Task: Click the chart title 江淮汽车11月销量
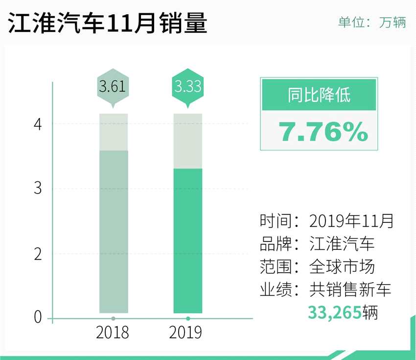point(108,24)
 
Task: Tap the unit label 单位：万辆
point(372,23)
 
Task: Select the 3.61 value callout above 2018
point(113,88)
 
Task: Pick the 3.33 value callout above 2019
point(188,88)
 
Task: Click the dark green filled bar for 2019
point(188,240)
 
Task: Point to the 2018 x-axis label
point(113,333)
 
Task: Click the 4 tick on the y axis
point(38,124)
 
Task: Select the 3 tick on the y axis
point(38,189)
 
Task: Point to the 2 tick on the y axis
point(38,254)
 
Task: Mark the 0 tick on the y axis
point(38,318)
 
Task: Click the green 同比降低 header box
point(319,95)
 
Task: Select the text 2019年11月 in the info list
point(351,221)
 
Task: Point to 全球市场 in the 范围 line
point(342,267)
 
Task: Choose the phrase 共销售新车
point(350,289)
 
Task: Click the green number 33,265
point(334,312)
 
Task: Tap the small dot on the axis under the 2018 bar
point(113,319)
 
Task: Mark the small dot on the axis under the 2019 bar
point(188,319)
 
